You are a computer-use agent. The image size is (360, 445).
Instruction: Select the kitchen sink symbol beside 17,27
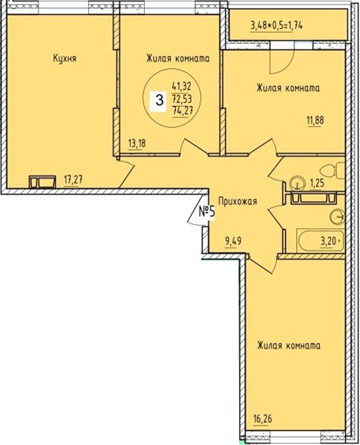[x=42, y=180]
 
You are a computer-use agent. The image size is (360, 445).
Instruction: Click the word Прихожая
[x=237, y=200]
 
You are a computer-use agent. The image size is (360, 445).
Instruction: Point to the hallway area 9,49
[x=236, y=240]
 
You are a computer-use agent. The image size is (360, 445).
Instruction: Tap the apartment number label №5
[x=206, y=213]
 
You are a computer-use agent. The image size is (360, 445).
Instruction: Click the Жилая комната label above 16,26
[x=288, y=346]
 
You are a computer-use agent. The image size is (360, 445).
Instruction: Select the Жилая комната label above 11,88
[x=287, y=88]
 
